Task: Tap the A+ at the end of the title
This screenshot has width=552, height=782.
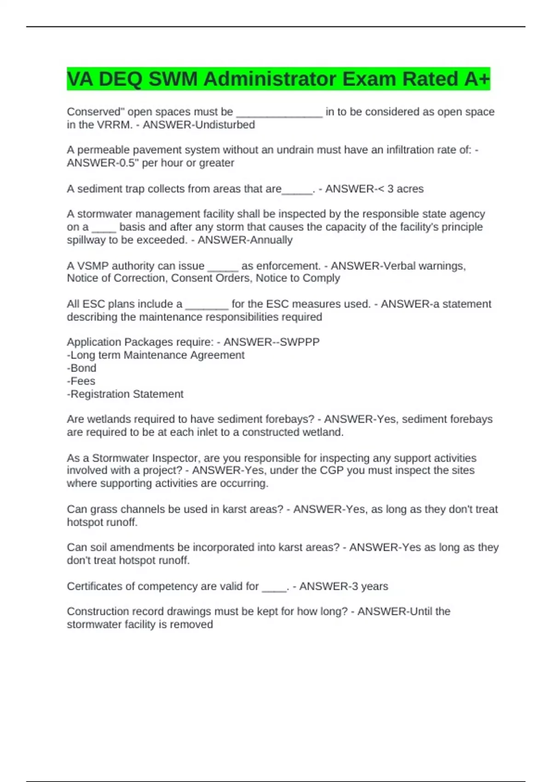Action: tap(477, 79)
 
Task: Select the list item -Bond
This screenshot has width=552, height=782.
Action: tap(81, 368)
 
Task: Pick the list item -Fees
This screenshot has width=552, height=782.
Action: tap(81, 381)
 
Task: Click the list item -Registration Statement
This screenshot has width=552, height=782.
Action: tap(125, 394)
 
